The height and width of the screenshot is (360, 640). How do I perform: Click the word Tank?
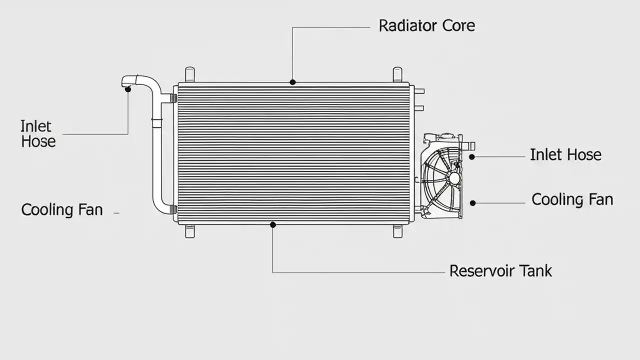click(534, 271)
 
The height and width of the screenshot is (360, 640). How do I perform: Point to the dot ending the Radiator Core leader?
click(292, 82)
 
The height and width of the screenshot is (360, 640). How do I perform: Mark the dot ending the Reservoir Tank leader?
click(272, 225)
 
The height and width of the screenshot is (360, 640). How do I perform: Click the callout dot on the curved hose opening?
click(128, 89)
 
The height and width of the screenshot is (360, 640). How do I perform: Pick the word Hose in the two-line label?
click(38, 141)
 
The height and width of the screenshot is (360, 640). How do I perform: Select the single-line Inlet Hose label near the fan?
click(565, 155)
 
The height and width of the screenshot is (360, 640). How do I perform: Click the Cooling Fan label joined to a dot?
click(572, 199)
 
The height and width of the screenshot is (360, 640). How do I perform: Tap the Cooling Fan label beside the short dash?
click(62, 209)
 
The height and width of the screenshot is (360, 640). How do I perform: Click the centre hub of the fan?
click(454, 178)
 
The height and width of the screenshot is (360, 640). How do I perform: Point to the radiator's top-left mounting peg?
click(189, 74)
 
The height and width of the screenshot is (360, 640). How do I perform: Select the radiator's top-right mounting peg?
click(397, 74)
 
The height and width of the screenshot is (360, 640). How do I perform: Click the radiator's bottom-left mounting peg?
click(189, 231)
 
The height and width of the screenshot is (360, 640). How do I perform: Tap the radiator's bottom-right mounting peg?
click(397, 231)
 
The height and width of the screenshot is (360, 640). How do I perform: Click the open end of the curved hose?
click(124, 81)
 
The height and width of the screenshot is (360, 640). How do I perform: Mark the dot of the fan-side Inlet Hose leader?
click(471, 156)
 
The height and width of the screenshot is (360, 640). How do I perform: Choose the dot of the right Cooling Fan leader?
click(473, 203)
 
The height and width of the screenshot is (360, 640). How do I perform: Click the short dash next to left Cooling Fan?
click(116, 213)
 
